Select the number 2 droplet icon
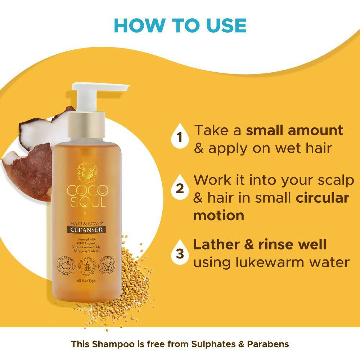(x=180, y=188)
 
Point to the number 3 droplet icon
(x=180, y=252)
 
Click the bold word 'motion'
(x=219, y=215)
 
